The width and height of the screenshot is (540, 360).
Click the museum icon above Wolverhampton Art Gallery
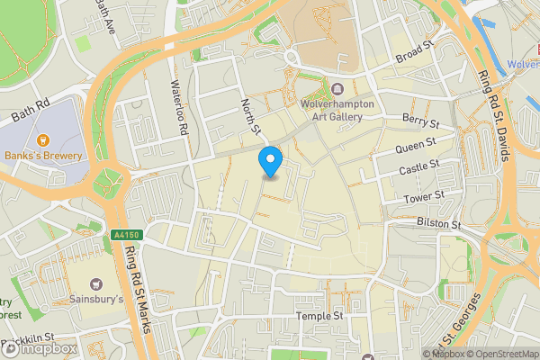tap(337, 89)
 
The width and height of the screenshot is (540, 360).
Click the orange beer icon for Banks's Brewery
tap(43, 139)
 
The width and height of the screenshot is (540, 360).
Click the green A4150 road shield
tap(128, 235)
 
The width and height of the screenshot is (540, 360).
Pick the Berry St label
tap(419, 121)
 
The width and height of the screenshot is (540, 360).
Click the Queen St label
tap(417, 144)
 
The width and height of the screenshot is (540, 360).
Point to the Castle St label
tap(418, 167)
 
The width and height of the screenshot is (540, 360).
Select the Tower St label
tap(425, 195)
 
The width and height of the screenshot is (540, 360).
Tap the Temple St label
tap(319, 317)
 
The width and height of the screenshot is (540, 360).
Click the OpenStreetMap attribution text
tap(499, 354)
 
